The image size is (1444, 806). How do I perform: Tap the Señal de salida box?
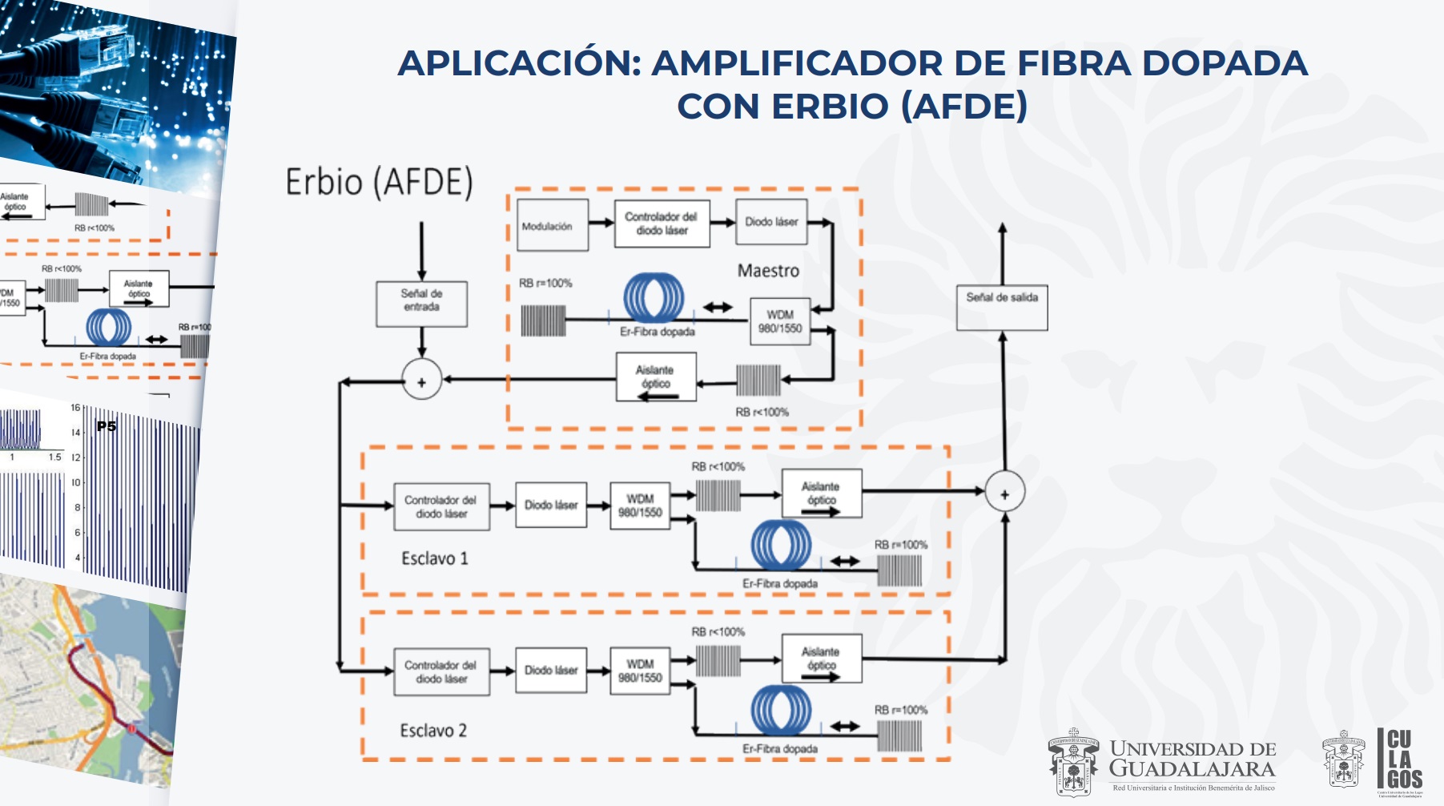1002,307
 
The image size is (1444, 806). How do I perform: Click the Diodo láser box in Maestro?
771,222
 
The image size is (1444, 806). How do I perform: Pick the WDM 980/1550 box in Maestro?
780,321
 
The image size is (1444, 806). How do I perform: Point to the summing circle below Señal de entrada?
421,382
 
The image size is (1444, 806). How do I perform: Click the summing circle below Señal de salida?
1004,493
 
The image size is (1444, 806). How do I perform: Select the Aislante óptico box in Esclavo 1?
821,494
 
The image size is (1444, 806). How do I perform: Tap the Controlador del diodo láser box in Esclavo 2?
440,671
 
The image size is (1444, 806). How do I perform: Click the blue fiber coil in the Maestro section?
654,298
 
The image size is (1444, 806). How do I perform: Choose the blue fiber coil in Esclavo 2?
781,710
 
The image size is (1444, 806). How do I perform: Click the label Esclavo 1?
435,558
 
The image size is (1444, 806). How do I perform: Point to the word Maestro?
768,271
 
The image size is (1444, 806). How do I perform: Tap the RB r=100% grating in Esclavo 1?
899,570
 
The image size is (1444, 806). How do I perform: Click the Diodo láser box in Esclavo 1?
551,505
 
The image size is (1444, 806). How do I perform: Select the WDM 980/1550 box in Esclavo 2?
640,671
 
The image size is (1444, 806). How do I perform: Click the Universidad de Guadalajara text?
1192,759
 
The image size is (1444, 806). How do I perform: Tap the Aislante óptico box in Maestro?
655,377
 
